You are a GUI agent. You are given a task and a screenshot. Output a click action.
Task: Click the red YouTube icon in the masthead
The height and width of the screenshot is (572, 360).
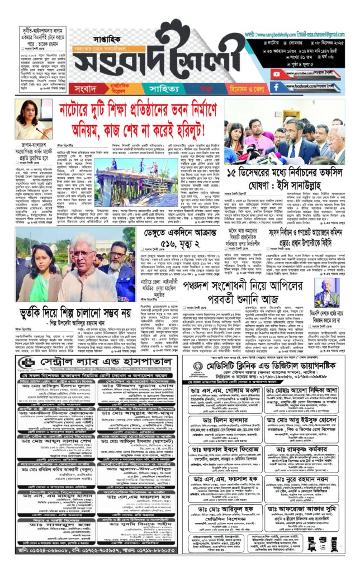tap(275, 74)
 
